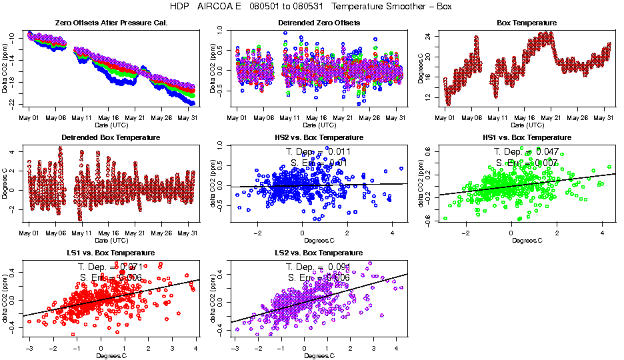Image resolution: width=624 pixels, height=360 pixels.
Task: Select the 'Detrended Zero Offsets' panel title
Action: coord(319,23)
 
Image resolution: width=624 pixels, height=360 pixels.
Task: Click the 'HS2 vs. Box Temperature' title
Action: coord(319,138)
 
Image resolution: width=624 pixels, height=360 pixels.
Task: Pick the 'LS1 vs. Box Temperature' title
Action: coord(110,253)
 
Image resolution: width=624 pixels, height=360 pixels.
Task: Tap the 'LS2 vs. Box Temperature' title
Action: coord(319,253)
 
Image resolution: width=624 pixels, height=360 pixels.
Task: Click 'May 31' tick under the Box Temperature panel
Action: coord(603,117)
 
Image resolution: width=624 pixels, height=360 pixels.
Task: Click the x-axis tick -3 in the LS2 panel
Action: coord(235,348)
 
